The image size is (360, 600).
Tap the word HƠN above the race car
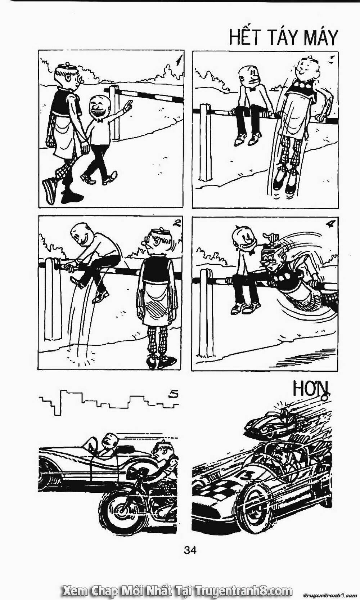point(311,389)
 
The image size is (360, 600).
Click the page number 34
point(190,550)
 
